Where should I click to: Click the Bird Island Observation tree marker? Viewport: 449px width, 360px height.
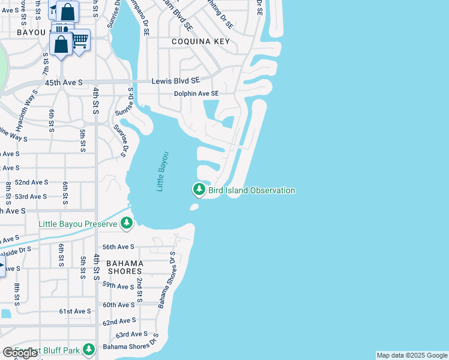199,190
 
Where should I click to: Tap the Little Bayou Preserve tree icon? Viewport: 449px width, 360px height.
126,224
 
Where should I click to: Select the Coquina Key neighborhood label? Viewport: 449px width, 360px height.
200,41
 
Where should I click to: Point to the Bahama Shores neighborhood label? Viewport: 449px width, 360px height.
125,267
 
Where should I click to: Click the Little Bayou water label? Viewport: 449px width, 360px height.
163,172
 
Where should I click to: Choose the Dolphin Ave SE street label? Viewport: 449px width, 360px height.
196,94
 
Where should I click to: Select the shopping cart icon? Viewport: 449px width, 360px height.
80,41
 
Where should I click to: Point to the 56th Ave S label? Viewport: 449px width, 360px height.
118,247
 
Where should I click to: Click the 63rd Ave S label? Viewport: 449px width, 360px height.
131,334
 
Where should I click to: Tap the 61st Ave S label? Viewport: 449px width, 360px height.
74,311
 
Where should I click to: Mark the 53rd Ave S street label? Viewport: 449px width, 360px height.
31,197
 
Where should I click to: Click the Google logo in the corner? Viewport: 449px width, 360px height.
20,353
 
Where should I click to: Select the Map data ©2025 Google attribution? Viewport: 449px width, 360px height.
412,355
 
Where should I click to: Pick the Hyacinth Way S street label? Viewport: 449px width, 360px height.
27,103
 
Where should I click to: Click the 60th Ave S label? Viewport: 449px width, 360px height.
118,305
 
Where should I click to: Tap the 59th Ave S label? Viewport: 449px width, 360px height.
118,287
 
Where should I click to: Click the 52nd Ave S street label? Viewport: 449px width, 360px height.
31,182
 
